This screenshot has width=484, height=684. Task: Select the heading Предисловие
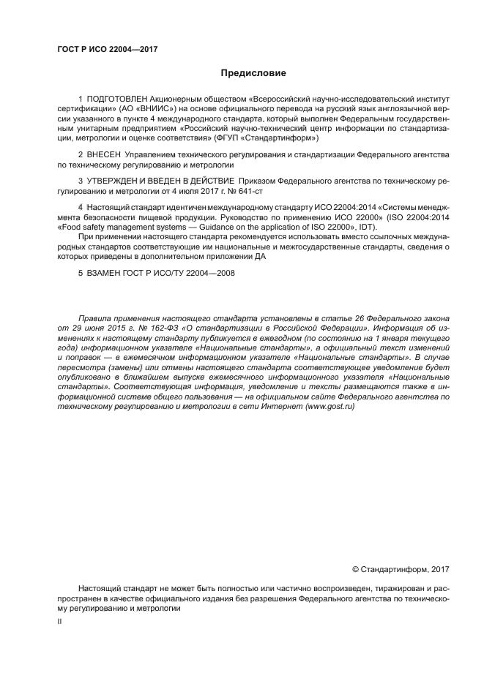(x=253, y=73)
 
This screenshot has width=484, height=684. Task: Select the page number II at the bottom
(x=59, y=621)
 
